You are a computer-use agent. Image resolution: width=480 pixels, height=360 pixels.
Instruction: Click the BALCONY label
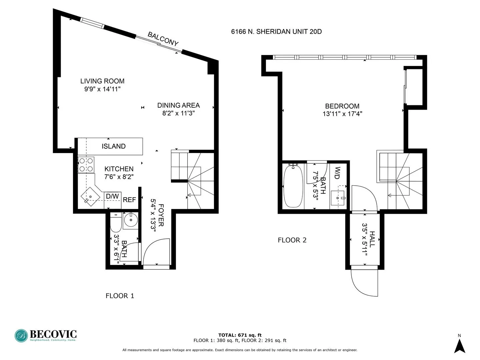(x=163, y=39)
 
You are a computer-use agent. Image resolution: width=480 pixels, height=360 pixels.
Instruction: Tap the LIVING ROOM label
(x=102, y=81)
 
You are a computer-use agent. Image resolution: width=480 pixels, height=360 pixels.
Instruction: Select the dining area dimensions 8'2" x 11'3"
(x=178, y=113)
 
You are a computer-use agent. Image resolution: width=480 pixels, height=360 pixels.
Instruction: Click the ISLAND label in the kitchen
(x=113, y=146)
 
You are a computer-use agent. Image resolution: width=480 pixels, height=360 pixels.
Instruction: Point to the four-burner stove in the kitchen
(x=86, y=165)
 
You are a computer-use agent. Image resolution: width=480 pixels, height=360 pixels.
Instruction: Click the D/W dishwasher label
(x=112, y=196)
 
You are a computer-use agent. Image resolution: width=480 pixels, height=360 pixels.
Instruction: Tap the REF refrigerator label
(x=129, y=200)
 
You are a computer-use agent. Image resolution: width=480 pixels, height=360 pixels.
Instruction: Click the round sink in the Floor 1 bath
(x=130, y=220)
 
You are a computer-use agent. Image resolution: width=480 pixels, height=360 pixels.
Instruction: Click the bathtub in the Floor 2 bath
(x=293, y=186)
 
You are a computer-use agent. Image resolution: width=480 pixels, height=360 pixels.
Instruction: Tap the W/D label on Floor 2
(x=337, y=173)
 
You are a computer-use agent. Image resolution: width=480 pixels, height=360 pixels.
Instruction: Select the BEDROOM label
(x=342, y=106)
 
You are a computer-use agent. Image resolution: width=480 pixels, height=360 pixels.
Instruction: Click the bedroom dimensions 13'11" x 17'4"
(x=342, y=114)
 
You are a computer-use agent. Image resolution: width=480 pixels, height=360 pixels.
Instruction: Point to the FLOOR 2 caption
(x=292, y=240)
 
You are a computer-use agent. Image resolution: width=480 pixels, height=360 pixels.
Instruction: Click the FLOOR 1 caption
(x=120, y=296)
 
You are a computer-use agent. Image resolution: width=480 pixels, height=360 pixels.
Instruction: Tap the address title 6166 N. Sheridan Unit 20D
(x=276, y=32)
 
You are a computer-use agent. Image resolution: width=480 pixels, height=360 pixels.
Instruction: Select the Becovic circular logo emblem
(x=21, y=336)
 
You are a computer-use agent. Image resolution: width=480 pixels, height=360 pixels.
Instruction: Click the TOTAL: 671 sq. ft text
(x=240, y=335)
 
